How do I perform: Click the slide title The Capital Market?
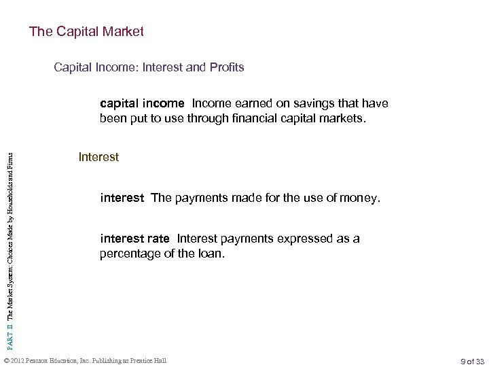[86, 32]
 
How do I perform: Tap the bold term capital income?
[142, 104]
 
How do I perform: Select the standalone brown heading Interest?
[98, 158]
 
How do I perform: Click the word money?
[363, 198]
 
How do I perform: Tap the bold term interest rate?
[135, 239]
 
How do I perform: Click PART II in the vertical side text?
[10, 314]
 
